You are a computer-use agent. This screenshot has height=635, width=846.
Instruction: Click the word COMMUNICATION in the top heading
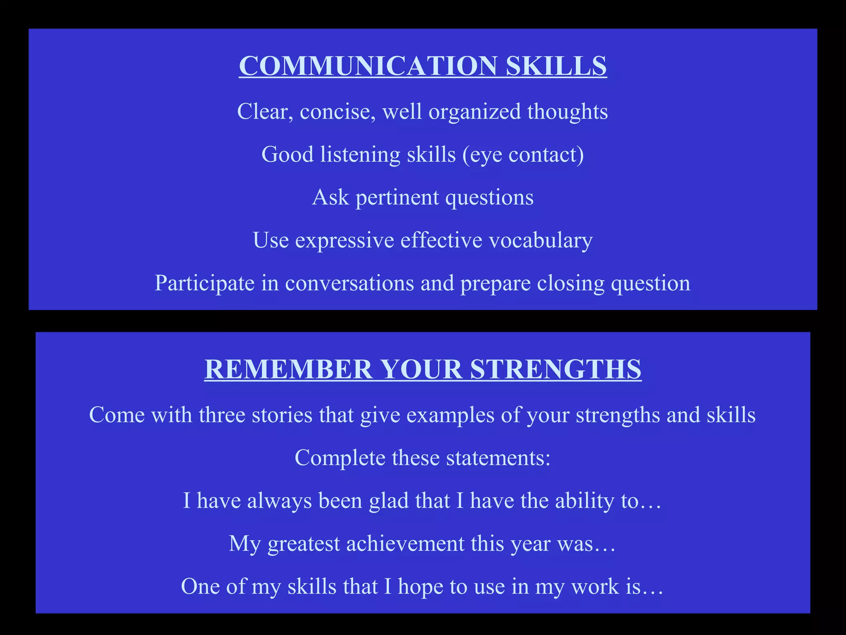click(x=368, y=66)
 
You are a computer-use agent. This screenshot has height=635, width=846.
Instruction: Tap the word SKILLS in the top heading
click(x=556, y=66)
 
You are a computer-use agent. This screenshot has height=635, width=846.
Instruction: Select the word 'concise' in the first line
click(x=335, y=112)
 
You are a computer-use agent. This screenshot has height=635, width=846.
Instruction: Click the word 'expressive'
click(x=345, y=241)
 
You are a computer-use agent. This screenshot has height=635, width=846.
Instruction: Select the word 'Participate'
click(x=204, y=284)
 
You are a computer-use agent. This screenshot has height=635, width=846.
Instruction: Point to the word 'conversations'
click(x=349, y=283)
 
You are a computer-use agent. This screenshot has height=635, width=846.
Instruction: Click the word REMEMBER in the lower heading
click(x=288, y=369)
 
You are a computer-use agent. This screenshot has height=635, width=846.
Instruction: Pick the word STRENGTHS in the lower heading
click(x=556, y=369)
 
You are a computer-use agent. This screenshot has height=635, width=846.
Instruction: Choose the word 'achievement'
click(x=405, y=544)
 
